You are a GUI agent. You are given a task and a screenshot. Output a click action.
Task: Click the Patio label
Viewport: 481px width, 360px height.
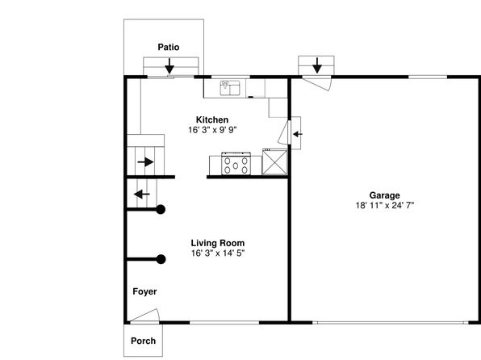coord(169,47)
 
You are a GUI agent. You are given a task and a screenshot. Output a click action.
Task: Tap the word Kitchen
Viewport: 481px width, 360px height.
coord(212,119)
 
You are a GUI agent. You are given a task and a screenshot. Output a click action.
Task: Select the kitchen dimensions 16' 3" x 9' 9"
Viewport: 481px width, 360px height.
coord(212,130)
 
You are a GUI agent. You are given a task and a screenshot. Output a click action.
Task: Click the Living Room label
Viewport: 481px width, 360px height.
coord(218,243)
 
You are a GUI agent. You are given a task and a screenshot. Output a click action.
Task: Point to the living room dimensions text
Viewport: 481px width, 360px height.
coord(218,253)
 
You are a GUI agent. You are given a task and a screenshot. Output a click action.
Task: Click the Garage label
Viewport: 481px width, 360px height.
coord(384,195)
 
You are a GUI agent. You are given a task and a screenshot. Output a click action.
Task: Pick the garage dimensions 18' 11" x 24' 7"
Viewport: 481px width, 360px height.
coord(385,205)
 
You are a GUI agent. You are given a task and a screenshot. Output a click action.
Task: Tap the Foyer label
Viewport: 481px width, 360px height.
coord(144,291)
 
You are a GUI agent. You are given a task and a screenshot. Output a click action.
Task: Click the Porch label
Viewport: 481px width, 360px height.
coord(143,341)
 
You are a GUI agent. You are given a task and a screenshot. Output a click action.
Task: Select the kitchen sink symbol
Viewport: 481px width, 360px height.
coord(230,88)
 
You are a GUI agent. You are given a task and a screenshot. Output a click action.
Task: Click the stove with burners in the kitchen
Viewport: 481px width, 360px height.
coord(236,164)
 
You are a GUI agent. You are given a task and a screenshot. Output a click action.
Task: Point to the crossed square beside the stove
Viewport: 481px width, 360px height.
coord(275,161)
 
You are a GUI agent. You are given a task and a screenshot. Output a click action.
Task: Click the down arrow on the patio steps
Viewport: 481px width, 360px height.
coord(169,65)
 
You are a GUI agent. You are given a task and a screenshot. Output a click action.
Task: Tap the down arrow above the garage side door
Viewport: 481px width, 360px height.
coord(317,65)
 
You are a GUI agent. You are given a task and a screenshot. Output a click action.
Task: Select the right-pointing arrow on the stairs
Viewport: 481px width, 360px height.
coord(145,161)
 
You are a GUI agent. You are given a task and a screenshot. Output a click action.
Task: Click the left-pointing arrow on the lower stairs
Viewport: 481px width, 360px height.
coord(142,194)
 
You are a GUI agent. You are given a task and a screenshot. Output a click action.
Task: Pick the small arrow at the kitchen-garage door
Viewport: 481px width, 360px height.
coord(298,134)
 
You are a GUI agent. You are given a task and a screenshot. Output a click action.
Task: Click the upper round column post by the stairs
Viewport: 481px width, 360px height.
coord(161,209)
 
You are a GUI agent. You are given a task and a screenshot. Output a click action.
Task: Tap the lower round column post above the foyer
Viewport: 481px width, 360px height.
coord(161,259)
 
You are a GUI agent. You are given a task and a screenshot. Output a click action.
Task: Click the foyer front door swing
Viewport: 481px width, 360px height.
coord(144,316)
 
